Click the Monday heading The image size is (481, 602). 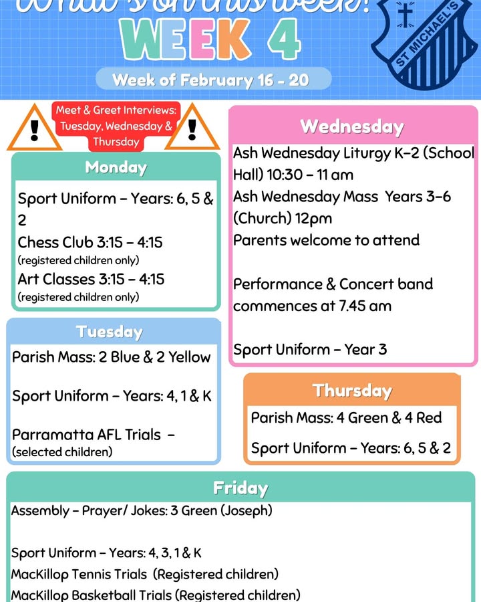click(x=116, y=167)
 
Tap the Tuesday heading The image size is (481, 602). click(x=110, y=332)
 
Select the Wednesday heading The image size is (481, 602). click(x=352, y=126)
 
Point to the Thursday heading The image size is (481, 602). click(x=352, y=390)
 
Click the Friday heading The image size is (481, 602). click(x=240, y=488)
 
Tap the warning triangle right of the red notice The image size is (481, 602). click(x=192, y=128)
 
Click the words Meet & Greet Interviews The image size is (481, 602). click(x=116, y=110)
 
